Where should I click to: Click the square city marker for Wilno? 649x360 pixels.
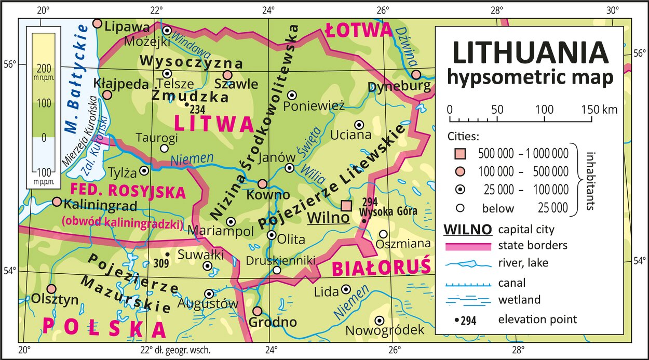346,205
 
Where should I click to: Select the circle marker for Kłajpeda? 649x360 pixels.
107,95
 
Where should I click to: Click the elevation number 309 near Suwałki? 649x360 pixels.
162,263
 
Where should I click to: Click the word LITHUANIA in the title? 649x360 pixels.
530,53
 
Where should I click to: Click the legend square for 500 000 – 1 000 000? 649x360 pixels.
459,154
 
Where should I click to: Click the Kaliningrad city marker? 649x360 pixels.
57,202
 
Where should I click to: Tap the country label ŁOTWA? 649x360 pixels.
358,31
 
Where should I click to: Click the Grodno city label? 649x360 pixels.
273,323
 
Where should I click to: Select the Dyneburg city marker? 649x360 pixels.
416,74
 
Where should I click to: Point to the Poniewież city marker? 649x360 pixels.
292,95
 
